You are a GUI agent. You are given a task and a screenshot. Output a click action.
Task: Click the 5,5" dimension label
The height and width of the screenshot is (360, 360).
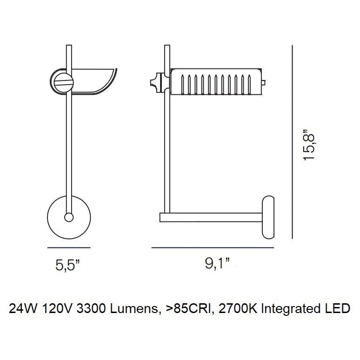click(x=67, y=266)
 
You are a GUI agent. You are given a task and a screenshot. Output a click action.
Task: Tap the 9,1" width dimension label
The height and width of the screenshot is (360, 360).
click(x=217, y=263)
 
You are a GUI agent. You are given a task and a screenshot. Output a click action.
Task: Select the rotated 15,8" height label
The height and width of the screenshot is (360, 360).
click(x=308, y=145)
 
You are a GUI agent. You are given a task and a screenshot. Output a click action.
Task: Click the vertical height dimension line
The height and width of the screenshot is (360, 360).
click(x=292, y=142)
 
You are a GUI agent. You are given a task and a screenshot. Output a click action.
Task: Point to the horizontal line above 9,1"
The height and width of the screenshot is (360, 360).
click(x=213, y=248)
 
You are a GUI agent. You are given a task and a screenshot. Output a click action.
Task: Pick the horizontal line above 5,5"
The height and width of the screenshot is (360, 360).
click(x=69, y=248)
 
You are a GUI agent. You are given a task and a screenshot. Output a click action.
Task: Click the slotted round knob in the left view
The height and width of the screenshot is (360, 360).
click(x=64, y=82)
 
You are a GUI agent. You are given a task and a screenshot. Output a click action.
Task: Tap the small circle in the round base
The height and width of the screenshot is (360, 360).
click(x=69, y=217)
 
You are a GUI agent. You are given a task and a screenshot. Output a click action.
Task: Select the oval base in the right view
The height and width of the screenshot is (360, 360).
click(x=268, y=217)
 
